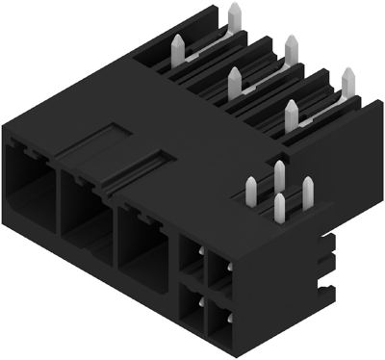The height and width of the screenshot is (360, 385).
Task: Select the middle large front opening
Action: (x=85, y=206)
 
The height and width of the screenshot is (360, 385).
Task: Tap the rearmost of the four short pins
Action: (x=279, y=174)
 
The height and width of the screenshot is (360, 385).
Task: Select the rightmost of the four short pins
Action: (x=308, y=189)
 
